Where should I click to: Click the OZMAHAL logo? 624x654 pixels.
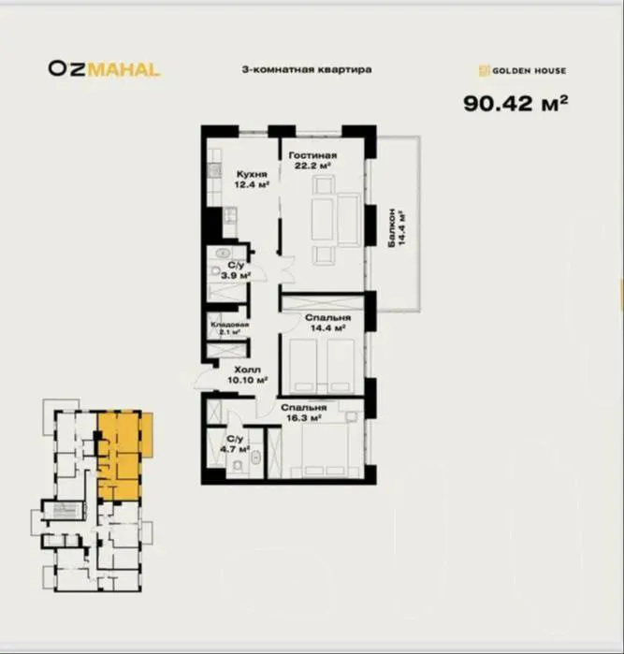pos(104,69)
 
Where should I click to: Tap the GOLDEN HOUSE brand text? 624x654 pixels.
pos(529,71)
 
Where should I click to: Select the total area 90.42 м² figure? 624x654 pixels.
pos(515,103)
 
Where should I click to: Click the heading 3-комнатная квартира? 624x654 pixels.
pos(307,69)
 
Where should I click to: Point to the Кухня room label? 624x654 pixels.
pos(252,174)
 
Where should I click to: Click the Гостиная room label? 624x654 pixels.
pos(312,155)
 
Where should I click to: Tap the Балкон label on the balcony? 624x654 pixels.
pos(392,227)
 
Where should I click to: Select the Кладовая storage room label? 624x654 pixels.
pos(230,325)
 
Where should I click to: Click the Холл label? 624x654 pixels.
pos(247,370)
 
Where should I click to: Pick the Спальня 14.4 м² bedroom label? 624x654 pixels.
pos(327,323)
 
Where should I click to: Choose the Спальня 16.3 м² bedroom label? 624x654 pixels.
pos(304,413)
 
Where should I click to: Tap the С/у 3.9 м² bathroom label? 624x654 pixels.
pos(236,269)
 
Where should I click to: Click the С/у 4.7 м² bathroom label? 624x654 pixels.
pos(235,443)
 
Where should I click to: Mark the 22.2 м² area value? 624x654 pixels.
pos(312,166)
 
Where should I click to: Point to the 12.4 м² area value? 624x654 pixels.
pos(251,184)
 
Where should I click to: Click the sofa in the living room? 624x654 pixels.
pos(349,219)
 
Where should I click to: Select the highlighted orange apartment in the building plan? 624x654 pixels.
pos(124,456)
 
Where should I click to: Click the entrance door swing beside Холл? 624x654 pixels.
pos(204,377)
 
